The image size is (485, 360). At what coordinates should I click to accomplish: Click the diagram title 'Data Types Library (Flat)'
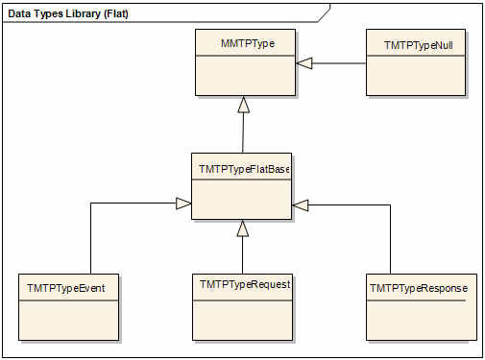(68, 13)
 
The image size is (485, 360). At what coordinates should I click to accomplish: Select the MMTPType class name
(248, 43)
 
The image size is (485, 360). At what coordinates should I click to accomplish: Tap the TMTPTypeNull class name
(419, 45)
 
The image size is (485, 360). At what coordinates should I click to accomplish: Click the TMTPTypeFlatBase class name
(244, 169)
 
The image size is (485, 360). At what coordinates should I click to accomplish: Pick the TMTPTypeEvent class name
(66, 288)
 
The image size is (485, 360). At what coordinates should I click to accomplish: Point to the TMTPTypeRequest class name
(245, 284)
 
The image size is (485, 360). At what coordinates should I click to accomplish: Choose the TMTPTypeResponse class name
(419, 288)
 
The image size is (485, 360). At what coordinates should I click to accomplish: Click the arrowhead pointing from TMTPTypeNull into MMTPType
(303, 63)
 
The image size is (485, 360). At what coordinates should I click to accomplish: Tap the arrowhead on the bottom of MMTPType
(244, 105)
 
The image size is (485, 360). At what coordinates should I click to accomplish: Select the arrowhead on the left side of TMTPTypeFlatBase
(183, 204)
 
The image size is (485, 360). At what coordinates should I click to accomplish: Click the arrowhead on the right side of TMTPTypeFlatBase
(301, 205)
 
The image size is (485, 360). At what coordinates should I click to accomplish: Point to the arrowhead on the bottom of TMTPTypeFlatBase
(243, 228)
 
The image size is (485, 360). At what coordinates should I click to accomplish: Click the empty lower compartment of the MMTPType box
(245, 76)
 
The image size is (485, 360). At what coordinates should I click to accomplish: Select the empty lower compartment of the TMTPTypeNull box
(416, 76)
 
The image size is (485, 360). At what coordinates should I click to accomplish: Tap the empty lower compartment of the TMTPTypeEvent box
(68, 321)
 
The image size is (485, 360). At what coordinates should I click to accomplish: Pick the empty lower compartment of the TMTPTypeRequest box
(242, 321)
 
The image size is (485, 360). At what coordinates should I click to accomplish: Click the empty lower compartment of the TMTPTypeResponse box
(422, 321)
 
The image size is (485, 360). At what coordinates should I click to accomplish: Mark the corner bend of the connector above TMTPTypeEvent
(91, 204)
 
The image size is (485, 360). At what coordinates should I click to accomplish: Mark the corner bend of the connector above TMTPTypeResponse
(390, 205)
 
